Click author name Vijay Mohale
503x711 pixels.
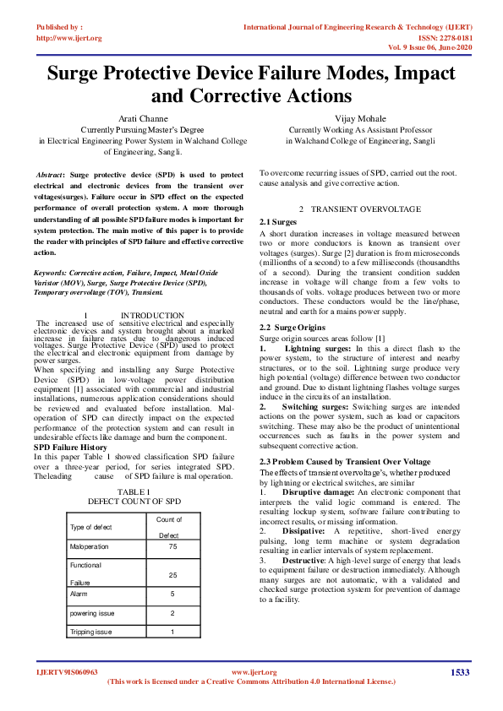point(362,118)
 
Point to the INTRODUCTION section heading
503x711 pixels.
point(152,315)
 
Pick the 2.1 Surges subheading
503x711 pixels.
point(279,221)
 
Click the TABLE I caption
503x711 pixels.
point(134,491)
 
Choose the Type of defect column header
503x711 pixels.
point(91,527)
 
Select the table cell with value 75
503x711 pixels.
point(172,546)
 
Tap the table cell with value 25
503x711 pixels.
point(172,575)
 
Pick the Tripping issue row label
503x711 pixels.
point(91,631)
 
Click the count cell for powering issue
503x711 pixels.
point(172,612)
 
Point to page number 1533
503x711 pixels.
point(459,672)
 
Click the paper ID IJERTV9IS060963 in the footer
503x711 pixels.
point(67,672)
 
